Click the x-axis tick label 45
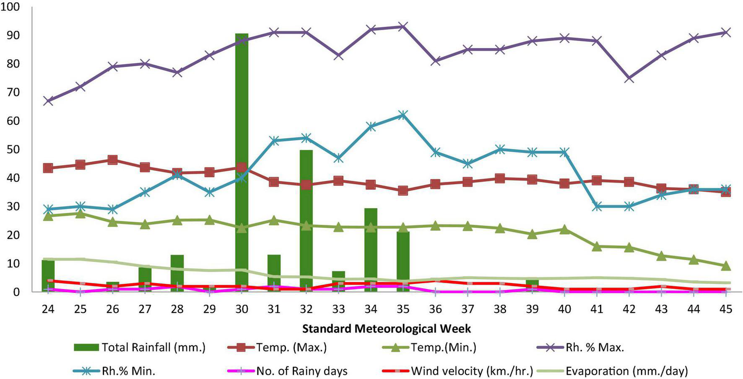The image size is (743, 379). pyautogui.click(x=726, y=309)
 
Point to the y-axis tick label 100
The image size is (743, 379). pyautogui.click(x=10, y=7)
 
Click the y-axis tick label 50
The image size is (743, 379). pyautogui.click(x=13, y=150)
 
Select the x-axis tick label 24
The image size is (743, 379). pyautogui.click(x=48, y=309)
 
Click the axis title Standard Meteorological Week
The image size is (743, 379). pyautogui.click(x=386, y=329)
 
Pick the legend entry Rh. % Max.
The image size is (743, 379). pyautogui.click(x=595, y=347)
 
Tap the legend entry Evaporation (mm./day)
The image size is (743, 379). pyautogui.click(x=626, y=371)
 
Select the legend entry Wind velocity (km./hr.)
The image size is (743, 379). pyautogui.click(x=472, y=371)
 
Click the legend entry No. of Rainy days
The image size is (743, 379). pyautogui.click(x=302, y=371)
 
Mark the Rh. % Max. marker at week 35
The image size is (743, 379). pyautogui.click(x=403, y=26)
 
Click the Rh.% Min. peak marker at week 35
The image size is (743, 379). pyautogui.click(x=403, y=115)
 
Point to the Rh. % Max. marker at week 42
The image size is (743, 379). pyautogui.click(x=629, y=78)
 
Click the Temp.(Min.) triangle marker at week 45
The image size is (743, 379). pyautogui.click(x=726, y=266)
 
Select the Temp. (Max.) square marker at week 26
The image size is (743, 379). pyautogui.click(x=112, y=160)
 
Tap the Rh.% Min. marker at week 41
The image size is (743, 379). pyautogui.click(x=597, y=206)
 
